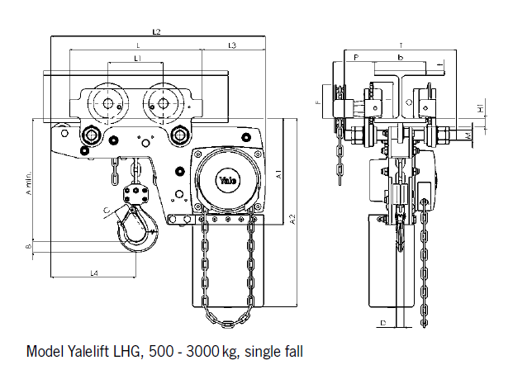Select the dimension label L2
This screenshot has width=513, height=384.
156,31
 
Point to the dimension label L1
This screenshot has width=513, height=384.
138,59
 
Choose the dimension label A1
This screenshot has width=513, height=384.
280,175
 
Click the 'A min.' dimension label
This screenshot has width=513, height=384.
29,183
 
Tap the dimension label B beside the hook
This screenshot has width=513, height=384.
29,246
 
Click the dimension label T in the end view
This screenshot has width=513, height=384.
400,45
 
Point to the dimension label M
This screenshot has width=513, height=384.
468,133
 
